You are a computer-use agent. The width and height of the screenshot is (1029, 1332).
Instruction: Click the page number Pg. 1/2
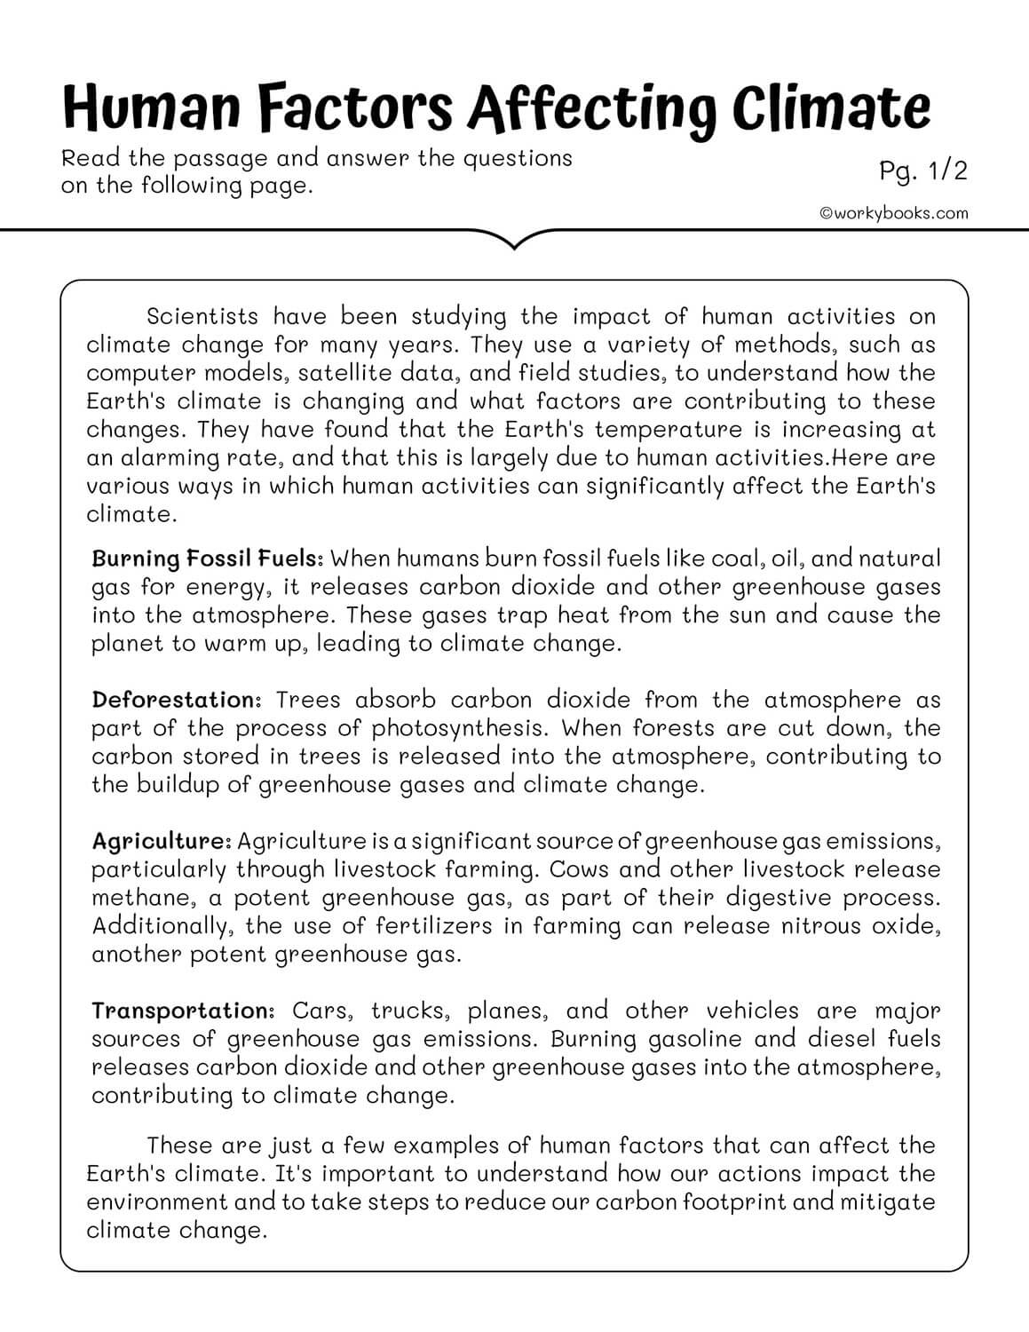922,170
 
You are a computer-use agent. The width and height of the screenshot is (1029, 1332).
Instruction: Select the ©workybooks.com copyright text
894,213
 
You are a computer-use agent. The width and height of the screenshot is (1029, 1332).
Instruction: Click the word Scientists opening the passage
202,316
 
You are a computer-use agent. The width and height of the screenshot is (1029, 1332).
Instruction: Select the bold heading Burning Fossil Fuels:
207,559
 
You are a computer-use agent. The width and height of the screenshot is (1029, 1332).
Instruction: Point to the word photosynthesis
453,728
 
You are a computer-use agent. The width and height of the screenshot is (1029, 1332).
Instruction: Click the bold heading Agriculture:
162,841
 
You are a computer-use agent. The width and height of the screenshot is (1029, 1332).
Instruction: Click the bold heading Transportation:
185,1011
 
